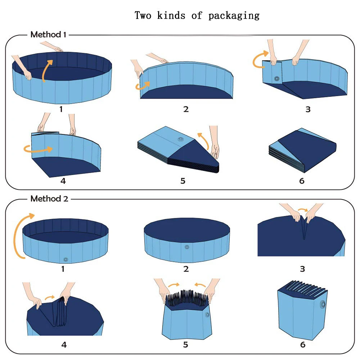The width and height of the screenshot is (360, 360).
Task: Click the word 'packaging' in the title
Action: click(234, 15)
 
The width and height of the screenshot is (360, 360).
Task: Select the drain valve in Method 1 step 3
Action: click(276, 78)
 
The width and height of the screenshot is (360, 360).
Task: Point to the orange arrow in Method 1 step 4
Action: click(38, 148)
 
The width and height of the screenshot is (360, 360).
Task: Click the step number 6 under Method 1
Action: click(302, 181)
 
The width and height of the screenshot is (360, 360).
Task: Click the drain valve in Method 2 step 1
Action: click(65, 259)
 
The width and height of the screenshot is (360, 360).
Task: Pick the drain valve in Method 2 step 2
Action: click(186, 247)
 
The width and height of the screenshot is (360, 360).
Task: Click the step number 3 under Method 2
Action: click(302, 269)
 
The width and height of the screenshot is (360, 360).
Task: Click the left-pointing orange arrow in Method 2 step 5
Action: click(200, 284)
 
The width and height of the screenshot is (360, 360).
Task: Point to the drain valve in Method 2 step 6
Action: click(323, 305)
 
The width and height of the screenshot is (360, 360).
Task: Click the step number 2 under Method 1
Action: click(186, 109)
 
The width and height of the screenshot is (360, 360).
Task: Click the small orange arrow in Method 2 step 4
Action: click(50, 298)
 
